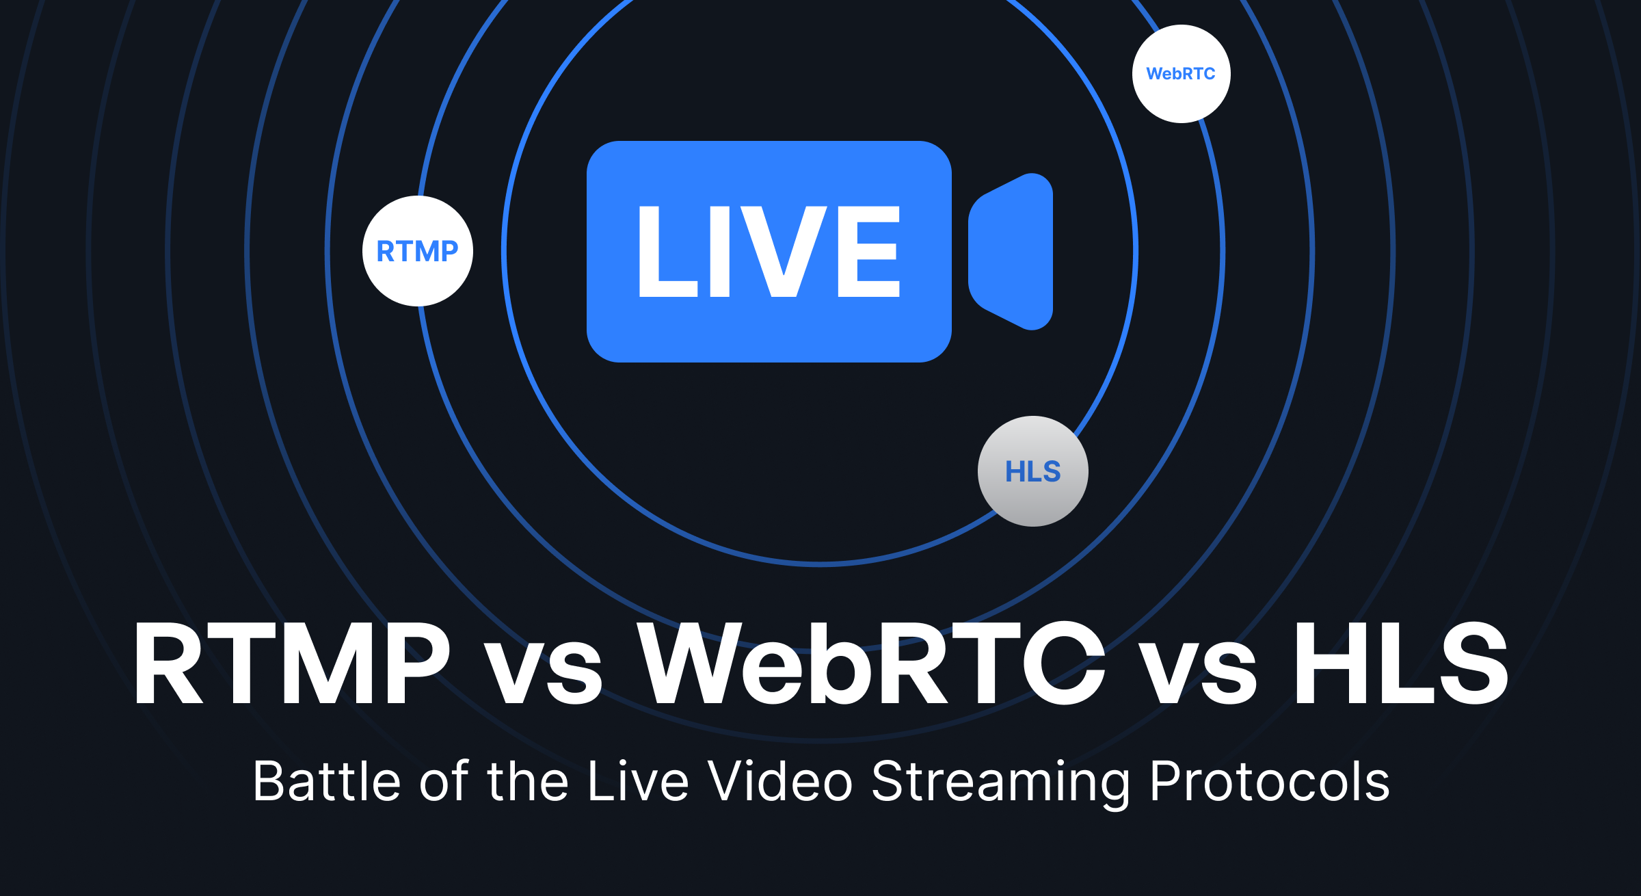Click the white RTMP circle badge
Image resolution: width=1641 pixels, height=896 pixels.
418,251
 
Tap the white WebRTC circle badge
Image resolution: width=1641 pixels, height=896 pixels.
1182,74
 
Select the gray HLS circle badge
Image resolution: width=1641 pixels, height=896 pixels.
1033,471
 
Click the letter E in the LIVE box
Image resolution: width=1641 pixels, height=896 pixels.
868,252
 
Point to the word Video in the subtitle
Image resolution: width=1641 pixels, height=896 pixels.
780,781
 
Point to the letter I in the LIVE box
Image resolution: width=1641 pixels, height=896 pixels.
720,252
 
